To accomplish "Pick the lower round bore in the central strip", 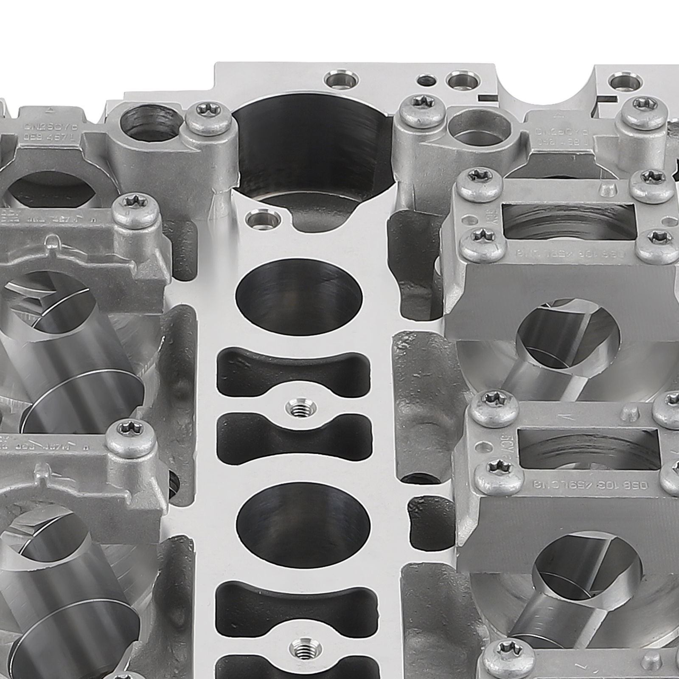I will pyautogui.click(x=303, y=525).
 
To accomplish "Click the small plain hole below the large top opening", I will pyautogui.click(x=263, y=219).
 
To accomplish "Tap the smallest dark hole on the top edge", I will pyautogui.click(x=426, y=80).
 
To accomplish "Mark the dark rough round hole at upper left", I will pyautogui.click(x=149, y=123).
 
